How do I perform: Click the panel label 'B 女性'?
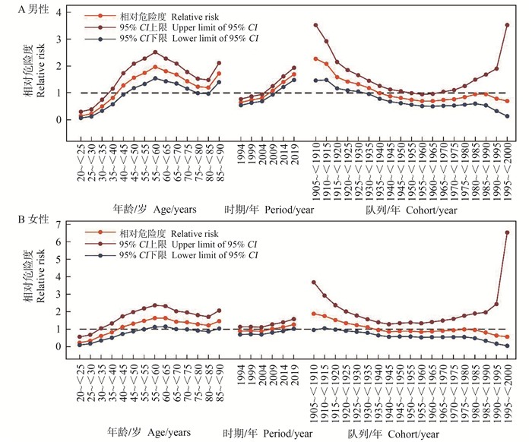(x=21, y=220)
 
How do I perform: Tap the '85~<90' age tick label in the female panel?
(x=220, y=382)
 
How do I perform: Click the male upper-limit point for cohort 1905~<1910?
(x=315, y=25)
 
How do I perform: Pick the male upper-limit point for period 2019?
(x=294, y=68)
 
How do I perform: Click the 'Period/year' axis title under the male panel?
(x=268, y=207)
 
